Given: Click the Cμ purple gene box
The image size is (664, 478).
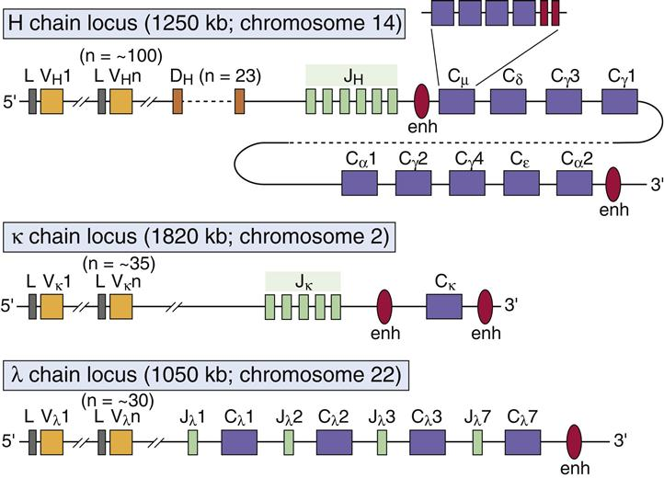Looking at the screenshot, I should click(456, 100).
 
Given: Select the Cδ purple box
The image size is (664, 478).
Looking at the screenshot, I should click(509, 100).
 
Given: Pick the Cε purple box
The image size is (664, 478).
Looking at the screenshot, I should click(522, 182).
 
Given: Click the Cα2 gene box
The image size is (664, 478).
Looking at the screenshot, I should click(577, 182).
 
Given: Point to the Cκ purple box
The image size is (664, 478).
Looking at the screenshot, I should click(444, 306).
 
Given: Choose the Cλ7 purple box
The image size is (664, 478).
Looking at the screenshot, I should click(522, 443).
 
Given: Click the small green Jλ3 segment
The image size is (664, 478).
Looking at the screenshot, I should click(382, 443).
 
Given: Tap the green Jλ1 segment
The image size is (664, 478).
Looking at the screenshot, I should click(194, 443).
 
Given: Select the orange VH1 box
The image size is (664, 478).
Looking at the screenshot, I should click(52, 100).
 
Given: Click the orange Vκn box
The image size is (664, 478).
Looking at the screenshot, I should click(120, 306).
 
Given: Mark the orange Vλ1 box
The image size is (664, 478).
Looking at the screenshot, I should click(52, 443).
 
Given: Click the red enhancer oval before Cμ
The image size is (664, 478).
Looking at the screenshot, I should click(423, 99).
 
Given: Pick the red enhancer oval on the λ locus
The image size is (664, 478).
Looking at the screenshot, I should click(578, 442).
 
